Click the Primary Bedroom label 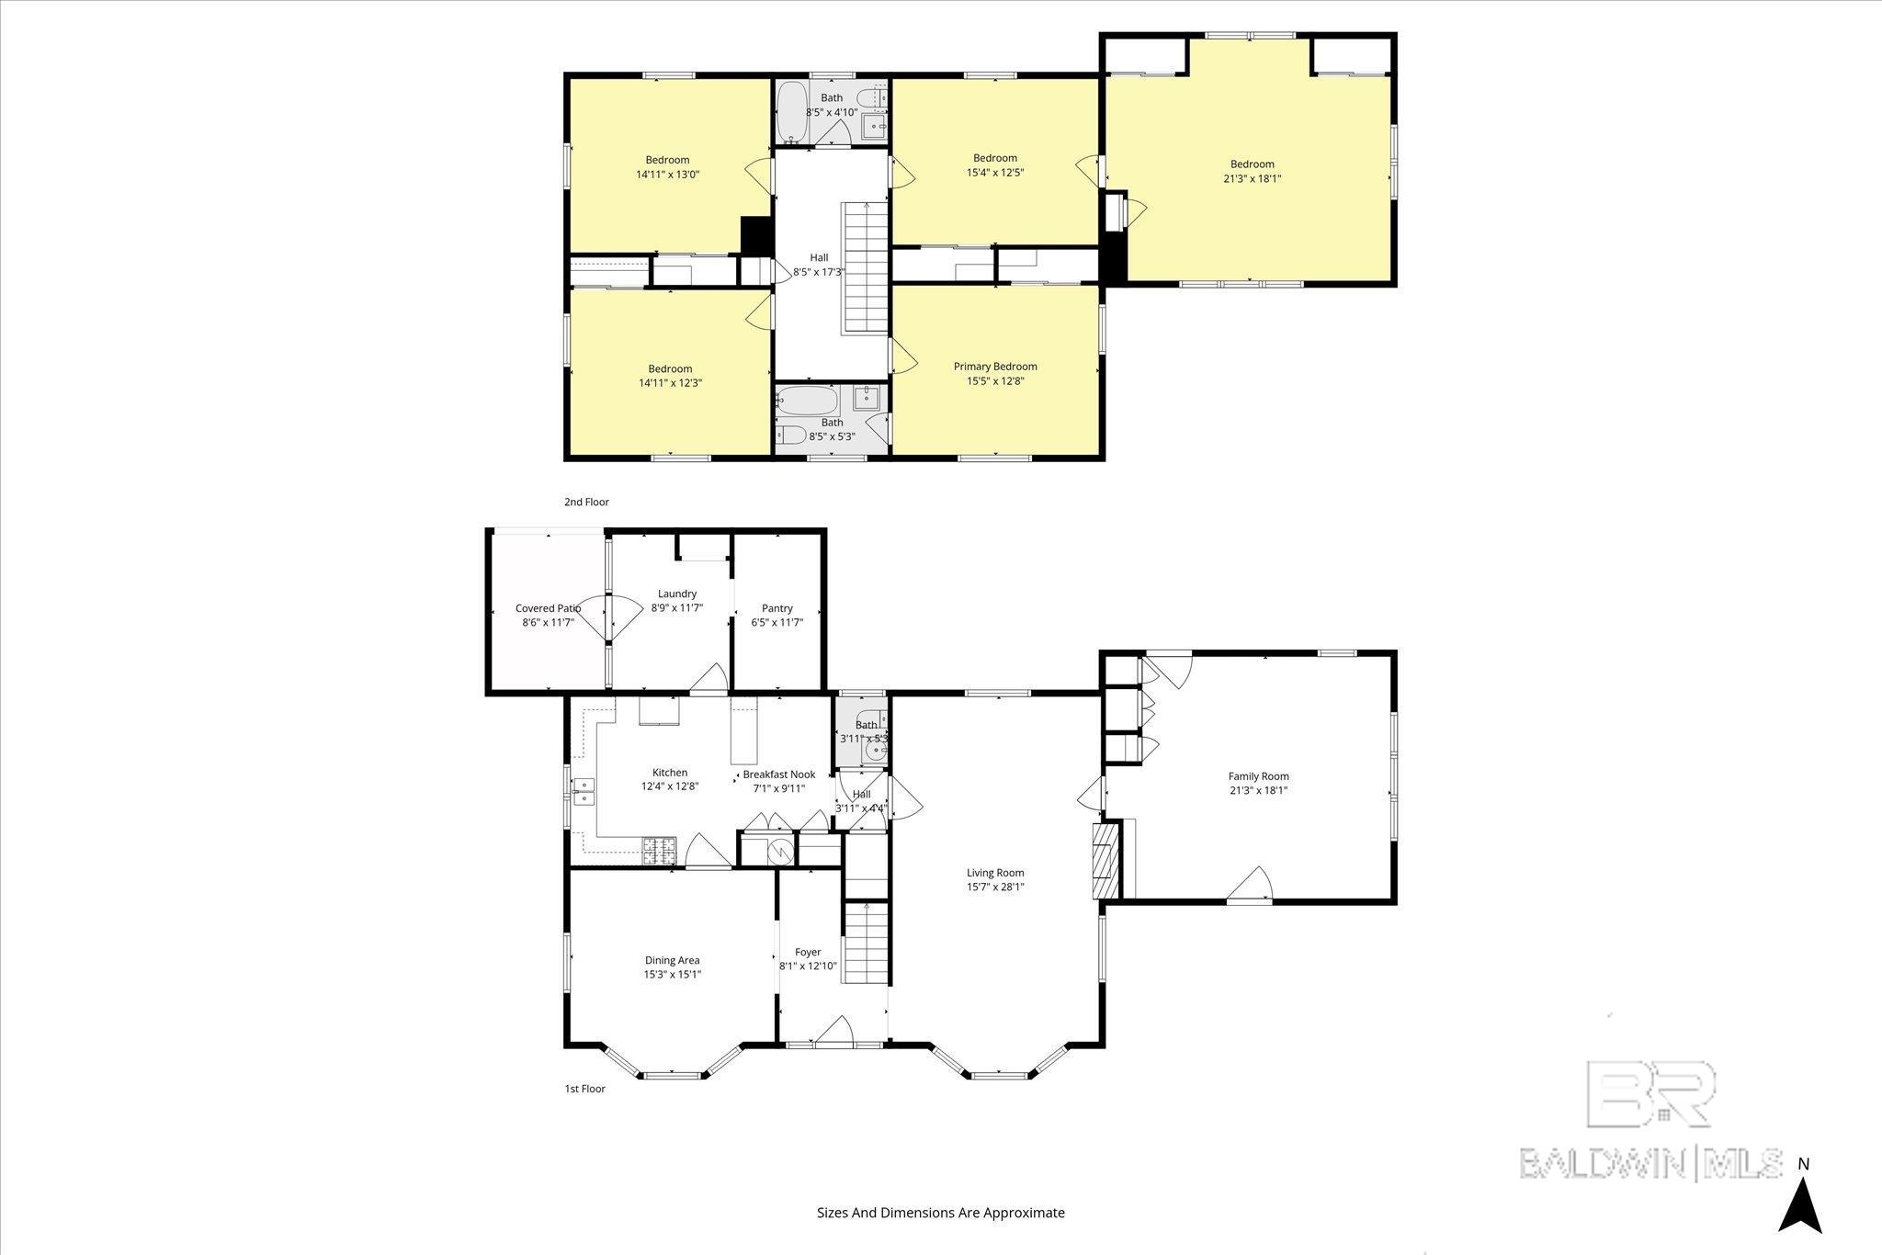[x=995, y=367]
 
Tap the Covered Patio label [x=548, y=608]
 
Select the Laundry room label [x=677, y=594]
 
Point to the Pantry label [x=777, y=608]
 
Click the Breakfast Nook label [x=779, y=774]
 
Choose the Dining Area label [x=672, y=960]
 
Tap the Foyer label [x=808, y=952]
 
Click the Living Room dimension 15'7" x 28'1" [x=995, y=888]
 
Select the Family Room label [x=1259, y=775]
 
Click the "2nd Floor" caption [x=586, y=503]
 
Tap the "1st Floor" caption [x=584, y=1089]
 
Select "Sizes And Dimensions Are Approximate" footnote [x=941, y=1213]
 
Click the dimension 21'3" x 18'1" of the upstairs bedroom [x=1252, y=179]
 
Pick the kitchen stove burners [x=658, y=851]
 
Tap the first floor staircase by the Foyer [x=866, y=944]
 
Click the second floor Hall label [x=819, y=257]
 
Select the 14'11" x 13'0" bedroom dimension [x=668, y=174]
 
